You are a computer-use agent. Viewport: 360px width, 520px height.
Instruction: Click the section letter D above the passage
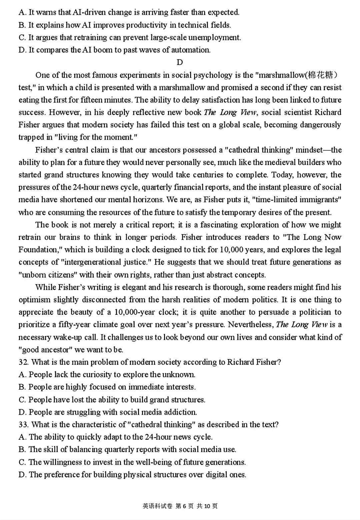pyautogui.click(x=180, y=62)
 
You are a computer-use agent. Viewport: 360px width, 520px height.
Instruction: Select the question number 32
pyautogui.click(x=23, y=362)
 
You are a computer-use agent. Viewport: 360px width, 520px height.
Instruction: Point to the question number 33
pyautogui.click(x=23, y=424)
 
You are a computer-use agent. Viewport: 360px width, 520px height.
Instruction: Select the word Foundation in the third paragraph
pyautogui.click(x=38, y=250)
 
